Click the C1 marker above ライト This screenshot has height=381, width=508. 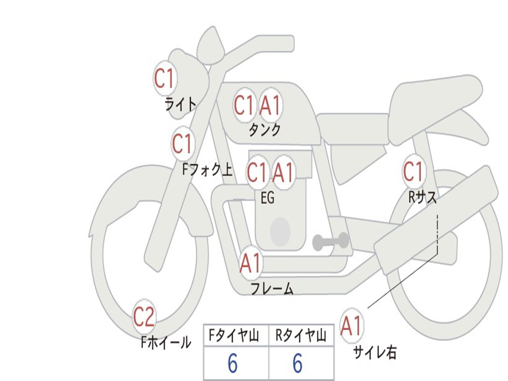[x=165, y=78]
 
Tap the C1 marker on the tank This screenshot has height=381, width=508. [x=245, y=105]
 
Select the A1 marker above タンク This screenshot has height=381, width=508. [x=270, y=105]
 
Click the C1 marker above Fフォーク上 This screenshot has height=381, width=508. [x=183, y=143]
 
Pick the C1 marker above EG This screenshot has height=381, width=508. [x=257, y=172]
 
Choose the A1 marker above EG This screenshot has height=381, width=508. [x=283, y=172]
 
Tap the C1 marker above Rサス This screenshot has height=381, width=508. [x=414, y=171]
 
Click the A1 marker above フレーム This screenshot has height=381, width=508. [x=251, y=263]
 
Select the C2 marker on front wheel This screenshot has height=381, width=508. [x=144, y=317]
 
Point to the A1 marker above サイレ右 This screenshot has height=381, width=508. [x=352, y=325]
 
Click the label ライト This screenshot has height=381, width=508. [x=181, y=104]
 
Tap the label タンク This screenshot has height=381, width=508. [x=264, y=129]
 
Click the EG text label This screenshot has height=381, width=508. [x=267, y=197]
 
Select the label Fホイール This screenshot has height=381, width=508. [x=166, y=342]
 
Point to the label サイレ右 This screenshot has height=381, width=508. [x=375, y=352]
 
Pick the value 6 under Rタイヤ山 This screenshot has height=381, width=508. [x=298, y=363]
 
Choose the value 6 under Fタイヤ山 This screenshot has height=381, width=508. [x=233, y=363]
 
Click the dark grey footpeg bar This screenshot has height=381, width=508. [x=330, y=241]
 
